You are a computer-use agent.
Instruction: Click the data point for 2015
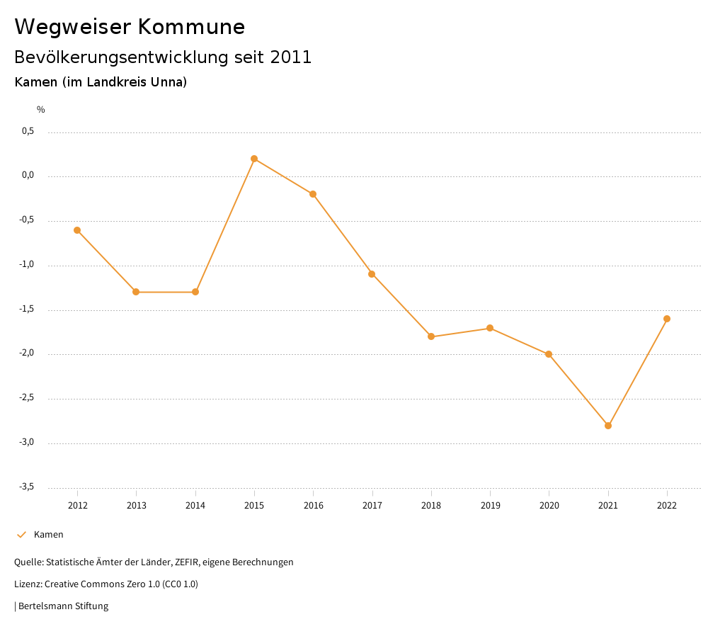tap(254, 159)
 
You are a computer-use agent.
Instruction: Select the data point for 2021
tap(608, 426)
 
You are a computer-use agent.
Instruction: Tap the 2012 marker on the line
tap(77, 230)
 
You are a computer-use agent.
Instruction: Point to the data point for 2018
tap(431, 336)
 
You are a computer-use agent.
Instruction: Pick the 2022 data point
tap(667, 319)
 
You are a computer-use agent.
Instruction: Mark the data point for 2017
tap(372, 274)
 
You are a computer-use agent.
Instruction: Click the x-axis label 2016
tap(314, 506)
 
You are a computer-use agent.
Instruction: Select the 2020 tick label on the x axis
tap(549, 506)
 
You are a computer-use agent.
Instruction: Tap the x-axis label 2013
tap(137, 506)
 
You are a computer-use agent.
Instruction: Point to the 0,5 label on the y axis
tap(28, 131)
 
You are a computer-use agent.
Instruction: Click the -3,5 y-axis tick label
tap(27, 487)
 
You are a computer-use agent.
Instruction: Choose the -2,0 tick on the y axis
tap(27, 353)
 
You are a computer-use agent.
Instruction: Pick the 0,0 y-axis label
tap(28, 176)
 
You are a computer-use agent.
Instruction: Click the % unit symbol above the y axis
tap(41, 110)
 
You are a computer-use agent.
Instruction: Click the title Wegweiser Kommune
tap(130, 27)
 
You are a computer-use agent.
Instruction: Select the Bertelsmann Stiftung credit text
tap(63, 606)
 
